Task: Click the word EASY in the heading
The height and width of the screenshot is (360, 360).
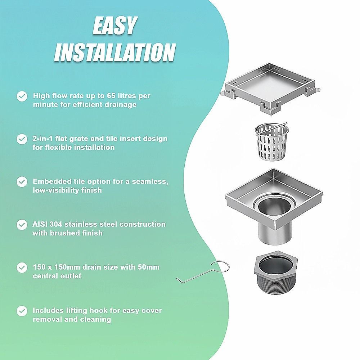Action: [115, 26]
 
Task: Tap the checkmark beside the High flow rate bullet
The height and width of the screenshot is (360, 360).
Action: [22, 96]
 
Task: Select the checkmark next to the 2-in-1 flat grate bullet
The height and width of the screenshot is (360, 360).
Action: [22, 139]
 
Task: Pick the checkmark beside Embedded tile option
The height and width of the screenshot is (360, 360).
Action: [22, 182]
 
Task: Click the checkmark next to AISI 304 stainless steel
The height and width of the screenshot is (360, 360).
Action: [22, 225]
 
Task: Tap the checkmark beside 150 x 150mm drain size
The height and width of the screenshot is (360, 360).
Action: [22, 268]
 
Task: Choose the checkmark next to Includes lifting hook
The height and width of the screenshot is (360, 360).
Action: [22, 311]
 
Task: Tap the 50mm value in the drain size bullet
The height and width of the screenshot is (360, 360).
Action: [149, 267]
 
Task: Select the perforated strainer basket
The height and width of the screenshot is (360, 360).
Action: [271, 142]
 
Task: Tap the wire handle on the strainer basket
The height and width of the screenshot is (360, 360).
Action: [271, 129]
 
